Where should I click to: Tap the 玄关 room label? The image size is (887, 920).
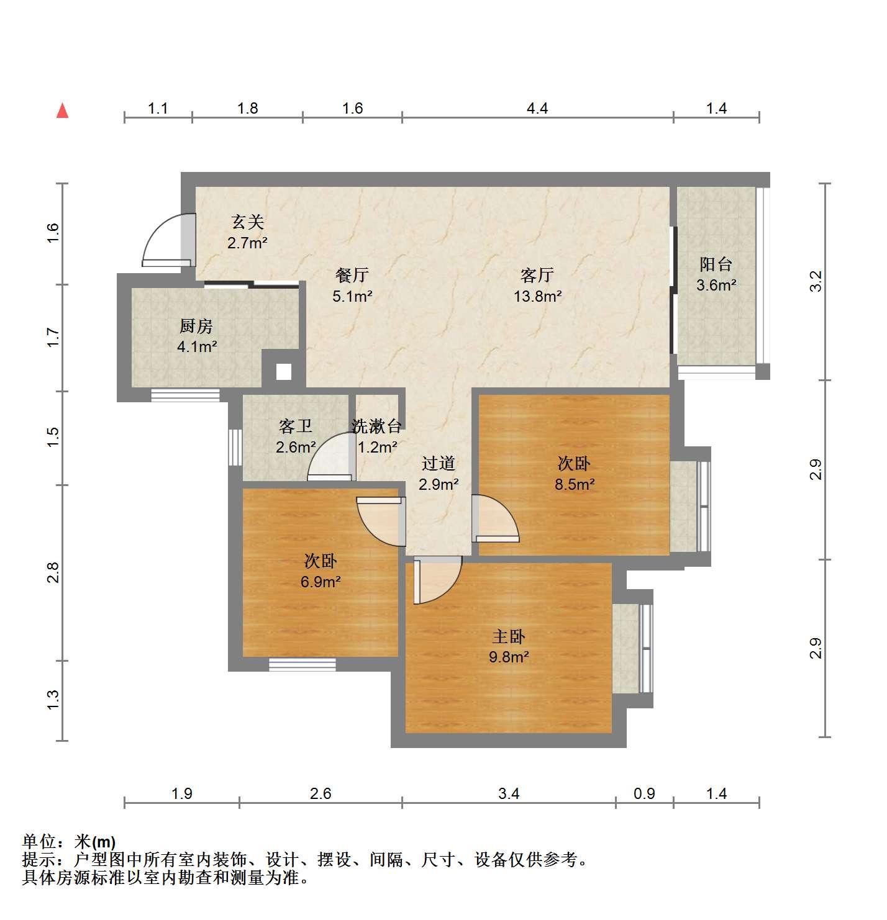[247, 222]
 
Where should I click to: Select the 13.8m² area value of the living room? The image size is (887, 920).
[537, 296]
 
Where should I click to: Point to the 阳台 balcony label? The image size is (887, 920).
[716, 264]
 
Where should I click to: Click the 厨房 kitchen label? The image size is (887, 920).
[196, 326]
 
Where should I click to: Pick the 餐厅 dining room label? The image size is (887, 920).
[352, 274]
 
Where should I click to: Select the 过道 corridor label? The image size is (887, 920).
[438, 463]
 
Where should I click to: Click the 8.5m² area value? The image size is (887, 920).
[575, 484]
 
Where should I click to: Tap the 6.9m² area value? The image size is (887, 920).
[321, 582]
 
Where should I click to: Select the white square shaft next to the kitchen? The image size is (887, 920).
[284, 372]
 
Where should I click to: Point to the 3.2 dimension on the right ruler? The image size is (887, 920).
[816, 281]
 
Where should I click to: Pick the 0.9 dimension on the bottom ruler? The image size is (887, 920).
[644, 793]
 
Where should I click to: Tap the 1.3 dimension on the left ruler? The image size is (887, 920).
[53, 700]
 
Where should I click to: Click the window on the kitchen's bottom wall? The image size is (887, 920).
[185, 395]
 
